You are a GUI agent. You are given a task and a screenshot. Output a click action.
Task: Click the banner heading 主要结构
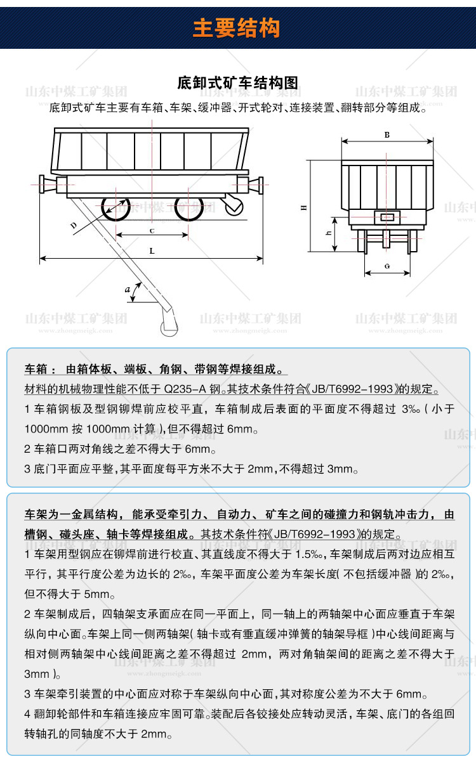pyautogui.click(x=236, y=28)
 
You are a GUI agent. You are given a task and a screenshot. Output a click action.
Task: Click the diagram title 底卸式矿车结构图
pyautogui.click(x=237, y=83)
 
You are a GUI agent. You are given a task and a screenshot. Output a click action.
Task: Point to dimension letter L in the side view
pyautogui.click(x=152, y=251)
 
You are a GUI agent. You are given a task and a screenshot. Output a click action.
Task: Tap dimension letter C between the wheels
pyautogui.click(x=152, y=230)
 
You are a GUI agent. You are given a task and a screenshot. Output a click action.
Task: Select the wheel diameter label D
pyautogui.click(x=74, y=225)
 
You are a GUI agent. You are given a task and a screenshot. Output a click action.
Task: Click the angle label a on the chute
pyautogui.click(x=128, y=289)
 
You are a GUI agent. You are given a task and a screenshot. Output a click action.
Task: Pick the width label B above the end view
pyautogui.click(x=387, y=135)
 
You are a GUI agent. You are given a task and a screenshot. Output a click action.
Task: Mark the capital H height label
pyautogui.click(x=303, y=207)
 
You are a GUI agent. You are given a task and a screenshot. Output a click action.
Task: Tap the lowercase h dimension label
pyautogui.click(x=328, y=233)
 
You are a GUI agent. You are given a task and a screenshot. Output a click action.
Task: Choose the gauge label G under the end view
pyautogui.click(x=387, y=266)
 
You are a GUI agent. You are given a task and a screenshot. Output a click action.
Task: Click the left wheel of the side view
pyautogui.click(x=115, y=207)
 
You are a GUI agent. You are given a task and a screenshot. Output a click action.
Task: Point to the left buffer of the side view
pyautogui.click(x=48, y=185)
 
